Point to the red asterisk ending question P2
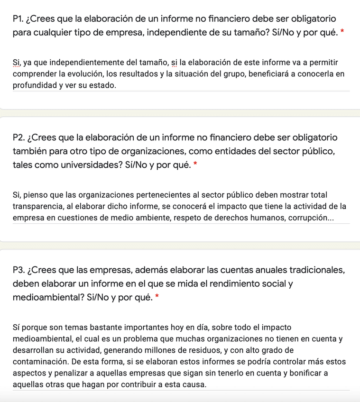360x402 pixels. tap(195, 165)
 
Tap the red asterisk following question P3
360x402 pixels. tap(157, 298)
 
